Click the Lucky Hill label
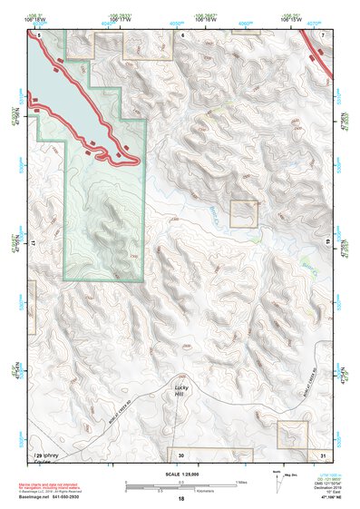(180, 391)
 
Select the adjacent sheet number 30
(180, 454)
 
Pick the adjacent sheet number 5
(39, 34)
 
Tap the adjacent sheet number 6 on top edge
(181, 34)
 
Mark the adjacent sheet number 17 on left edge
(33, 243)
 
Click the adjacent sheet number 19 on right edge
(326, 243)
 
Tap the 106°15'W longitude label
(302, 21)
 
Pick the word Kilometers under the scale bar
(189, 489)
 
